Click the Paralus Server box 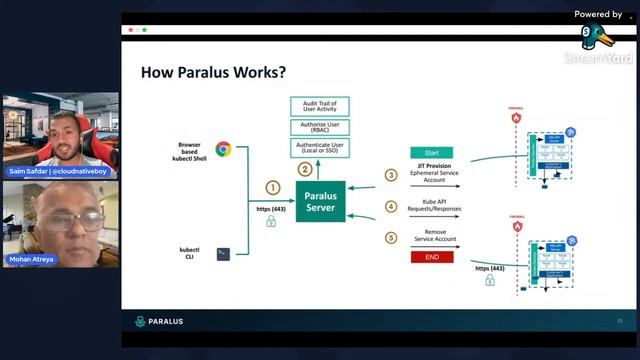tap(320, 201)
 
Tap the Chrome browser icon tap(223, 150)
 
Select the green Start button tap(431, 153)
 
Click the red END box tap(431, 257)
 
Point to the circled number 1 tap(271, 187)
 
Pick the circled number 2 tap(305, 169)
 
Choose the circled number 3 tap(391, 175)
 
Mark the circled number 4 tap(391, 207)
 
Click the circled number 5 tap(391, 238)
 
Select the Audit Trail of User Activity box tap(320, 105)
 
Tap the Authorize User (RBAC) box tap(320, 127)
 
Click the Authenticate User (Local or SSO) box tap(320, 148)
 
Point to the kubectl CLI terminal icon tap(223, 254)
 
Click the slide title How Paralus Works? tap(212, 72)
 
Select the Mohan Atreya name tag tap(32, 258)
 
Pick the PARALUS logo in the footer tap(160, 322)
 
